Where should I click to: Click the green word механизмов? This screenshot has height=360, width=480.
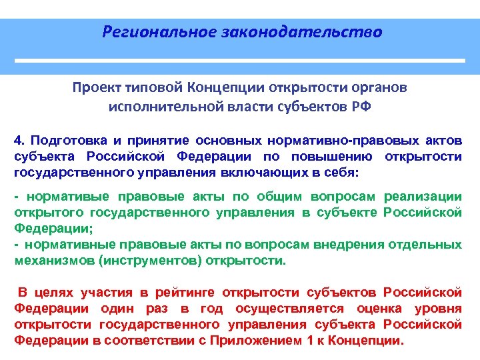(53, 261)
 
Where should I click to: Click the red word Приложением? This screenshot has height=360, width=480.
(260, 341)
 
